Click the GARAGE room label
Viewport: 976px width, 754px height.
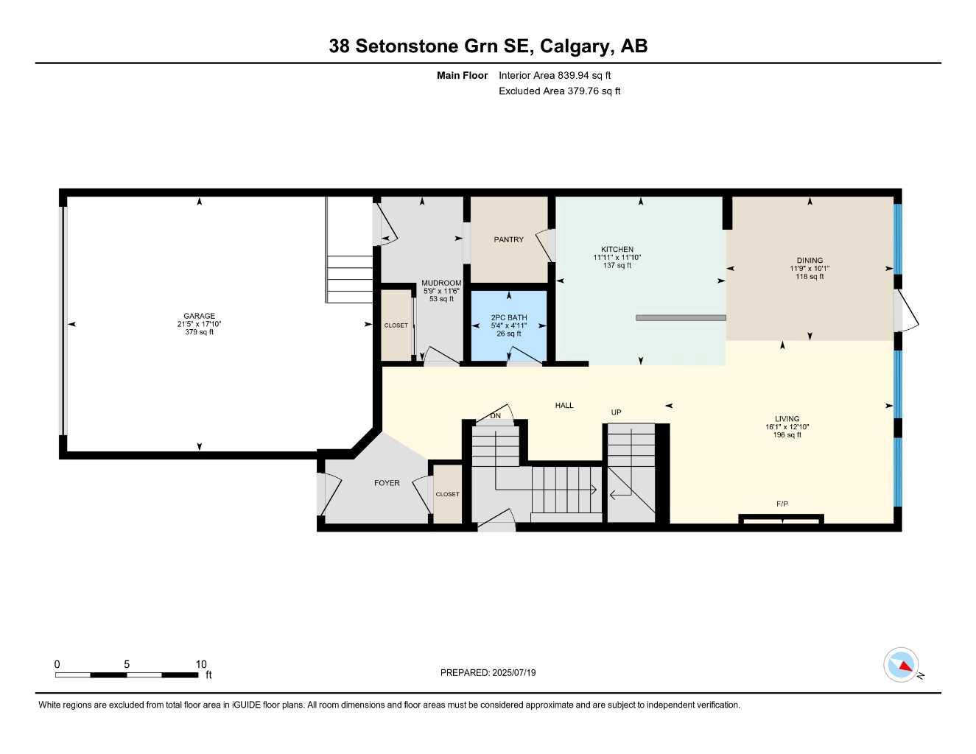[199, 316]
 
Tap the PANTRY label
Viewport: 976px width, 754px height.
[508, 239]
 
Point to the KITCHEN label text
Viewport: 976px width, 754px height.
[617, 250]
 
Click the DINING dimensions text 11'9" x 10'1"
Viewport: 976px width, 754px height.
[809, 269]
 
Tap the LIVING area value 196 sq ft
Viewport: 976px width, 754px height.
[787, 435]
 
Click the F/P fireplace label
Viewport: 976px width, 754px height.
[782, 504]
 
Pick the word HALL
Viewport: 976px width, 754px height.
[564, 406]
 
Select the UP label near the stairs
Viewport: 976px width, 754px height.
[617, 413]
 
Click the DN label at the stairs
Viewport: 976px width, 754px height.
[496, 416]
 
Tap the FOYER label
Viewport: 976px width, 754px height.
[387, 483]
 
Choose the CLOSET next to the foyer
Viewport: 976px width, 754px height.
[447, 494]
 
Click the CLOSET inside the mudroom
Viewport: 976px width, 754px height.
[396, 325]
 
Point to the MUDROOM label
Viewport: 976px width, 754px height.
[441, 283]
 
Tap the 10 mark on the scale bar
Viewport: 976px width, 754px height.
[201, 664]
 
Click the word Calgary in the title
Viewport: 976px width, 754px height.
[574, 46]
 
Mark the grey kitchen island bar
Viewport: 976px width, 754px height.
[681, 318]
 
